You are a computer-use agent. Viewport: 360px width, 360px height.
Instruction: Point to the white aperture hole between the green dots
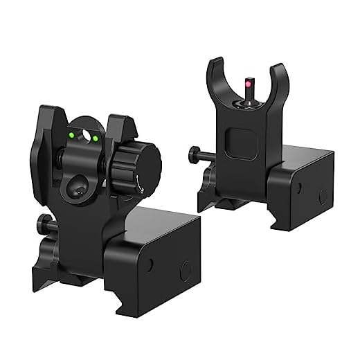[84, 135]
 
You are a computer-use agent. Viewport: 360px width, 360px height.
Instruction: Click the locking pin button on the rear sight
[44, 224]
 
